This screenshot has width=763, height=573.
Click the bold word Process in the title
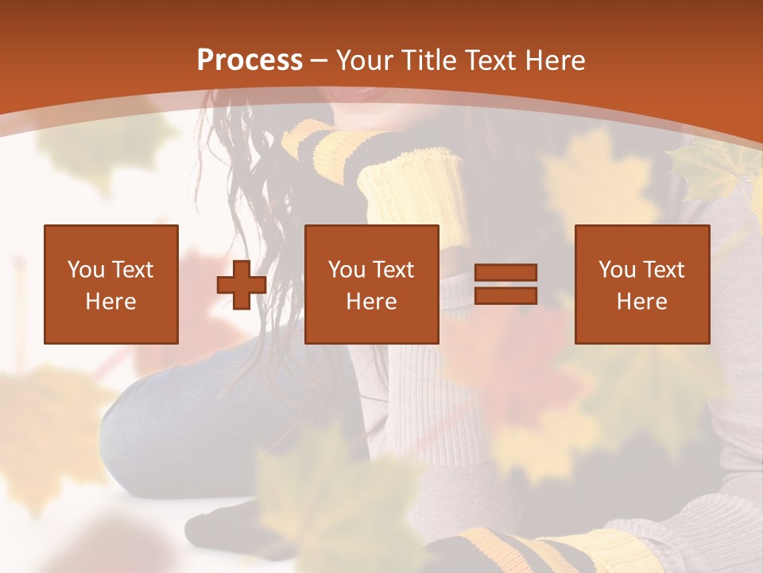click(x=250, y=60)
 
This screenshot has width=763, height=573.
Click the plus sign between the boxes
click(x=242, y=285)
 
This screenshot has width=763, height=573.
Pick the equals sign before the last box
click(x=505, y=284)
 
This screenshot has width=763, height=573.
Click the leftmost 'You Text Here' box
click(x=111, y=284)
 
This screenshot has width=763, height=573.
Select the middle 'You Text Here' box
click(x=372, y=284)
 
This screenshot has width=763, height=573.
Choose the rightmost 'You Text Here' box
click(x=642, y=284)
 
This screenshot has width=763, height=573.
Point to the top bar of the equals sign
click(x=505, y=273)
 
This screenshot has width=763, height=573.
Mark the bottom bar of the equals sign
click(x=505, y=295)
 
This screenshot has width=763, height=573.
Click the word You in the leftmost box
click(x=85, y=270)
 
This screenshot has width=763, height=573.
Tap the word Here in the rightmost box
click(x=642, y=302)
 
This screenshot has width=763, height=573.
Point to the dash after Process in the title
click(x=320, y=60)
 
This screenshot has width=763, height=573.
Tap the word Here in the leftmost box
click(x=111, y=302)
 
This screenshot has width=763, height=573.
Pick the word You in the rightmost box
click(x=616, y=270)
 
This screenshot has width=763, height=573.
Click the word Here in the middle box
click(x=372, y=302)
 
